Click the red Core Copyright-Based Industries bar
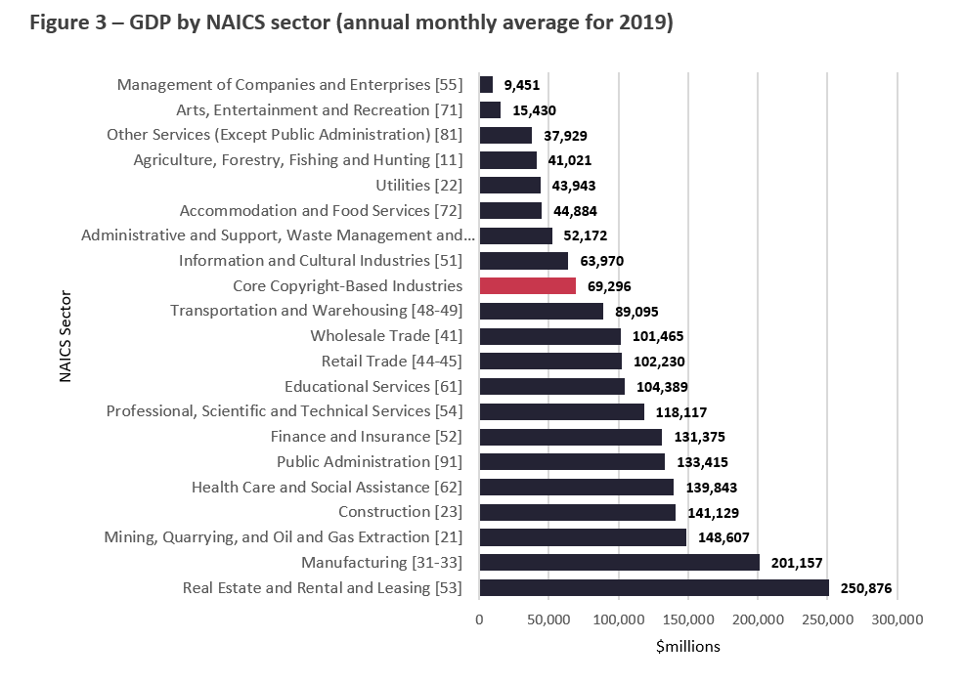pyautogui.click(x=527, y=285)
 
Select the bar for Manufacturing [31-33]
pyautogui.click(x=619, y=562)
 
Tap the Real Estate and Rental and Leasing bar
pyautogui.click(x=653, y=587)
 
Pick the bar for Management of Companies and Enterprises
pyautogui.click(x=486, y=85)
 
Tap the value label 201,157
pyautogui.click(x=795, y=563)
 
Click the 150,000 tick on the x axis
pyautogui.click(x=688, y=619)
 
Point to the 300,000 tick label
pyautogui.click(x=897, y=619)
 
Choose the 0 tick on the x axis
pyautogui.click(x=479, y=619)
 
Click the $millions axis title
pyautogui.click(x=687, y=646)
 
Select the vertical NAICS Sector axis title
pyautogui.click(x=66, y=335)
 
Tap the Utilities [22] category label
pyautogui.click(x=418, y=186)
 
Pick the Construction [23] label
pyautogui.click(x=400, y=512)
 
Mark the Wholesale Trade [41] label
pyautogui.click(x=386, y=336)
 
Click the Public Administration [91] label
pyautogui.click(x=369, y=461)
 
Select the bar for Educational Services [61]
pyautogui.click(x=551, y=386)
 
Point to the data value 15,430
pyautogui.click(x=533, y=110)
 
